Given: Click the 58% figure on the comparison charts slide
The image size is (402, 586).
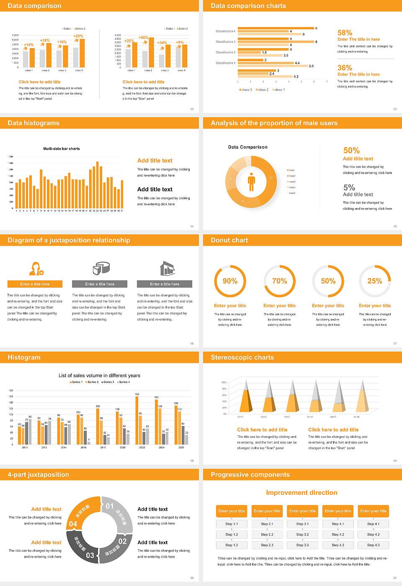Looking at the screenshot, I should click(345, 33).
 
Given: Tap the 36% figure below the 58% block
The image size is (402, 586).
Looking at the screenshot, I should click(345, 68).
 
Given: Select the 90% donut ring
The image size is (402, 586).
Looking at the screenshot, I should click(230, 281).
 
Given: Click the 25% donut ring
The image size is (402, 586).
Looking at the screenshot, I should click(375, 281).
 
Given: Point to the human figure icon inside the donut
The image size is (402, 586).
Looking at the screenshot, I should click(251, 181).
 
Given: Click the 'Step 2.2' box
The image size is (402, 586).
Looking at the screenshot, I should click(267, 535).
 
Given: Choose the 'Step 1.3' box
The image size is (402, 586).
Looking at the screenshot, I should click(232, 545).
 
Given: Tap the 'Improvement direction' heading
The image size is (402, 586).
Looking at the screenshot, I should click(301, 493).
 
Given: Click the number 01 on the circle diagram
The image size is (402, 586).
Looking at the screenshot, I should click(110, 506).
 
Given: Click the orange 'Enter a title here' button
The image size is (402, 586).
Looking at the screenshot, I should click(35, 284).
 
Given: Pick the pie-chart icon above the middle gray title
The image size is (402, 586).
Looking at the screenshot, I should click(100, 268).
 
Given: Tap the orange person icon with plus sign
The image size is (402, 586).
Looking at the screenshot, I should click(36, 268).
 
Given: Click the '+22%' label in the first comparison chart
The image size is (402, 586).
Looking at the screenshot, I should click(78, 36).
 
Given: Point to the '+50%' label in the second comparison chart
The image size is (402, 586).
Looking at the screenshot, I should click(144, 37).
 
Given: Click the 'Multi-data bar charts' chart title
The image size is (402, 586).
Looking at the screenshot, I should click(62, 149).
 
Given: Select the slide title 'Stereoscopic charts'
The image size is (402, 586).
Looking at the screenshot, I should click(242, 357).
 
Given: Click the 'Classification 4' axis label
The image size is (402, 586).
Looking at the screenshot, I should click(225, 31).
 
